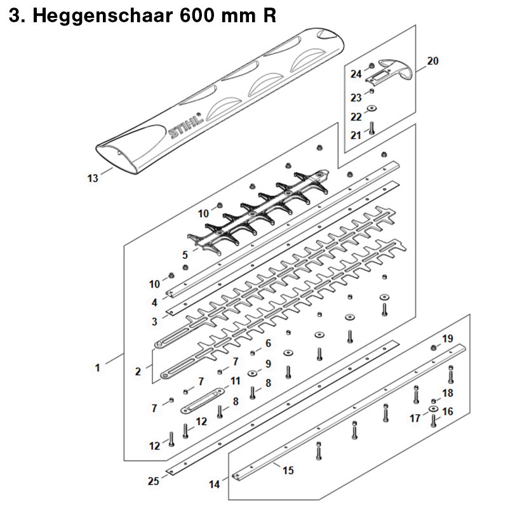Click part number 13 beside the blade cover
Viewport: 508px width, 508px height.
click(x=93, y=178)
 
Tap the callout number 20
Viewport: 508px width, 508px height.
click(x=432, y=61)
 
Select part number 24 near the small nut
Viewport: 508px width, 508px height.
click(x=356, y=74)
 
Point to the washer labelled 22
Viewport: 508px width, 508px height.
click(x=371, y=108)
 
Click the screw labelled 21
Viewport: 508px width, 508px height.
click(x=371, y=128)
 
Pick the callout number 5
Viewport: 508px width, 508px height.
click(x=185, y=255)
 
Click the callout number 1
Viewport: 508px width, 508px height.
click(x=97, y=368)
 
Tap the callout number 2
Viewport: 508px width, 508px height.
click(x=138, y=371)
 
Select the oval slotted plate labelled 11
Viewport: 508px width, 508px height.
click(x=202, y=401)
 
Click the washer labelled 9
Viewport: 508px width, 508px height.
click(x=252, y=373)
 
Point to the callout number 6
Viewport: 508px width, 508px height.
click(x=268, y=343)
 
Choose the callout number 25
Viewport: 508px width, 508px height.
click(x=153, y=481)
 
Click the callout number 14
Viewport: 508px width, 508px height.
click(x=214, y=485)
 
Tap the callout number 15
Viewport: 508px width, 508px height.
click(x=288, y=471)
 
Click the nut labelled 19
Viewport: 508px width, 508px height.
click(x=433, y=348)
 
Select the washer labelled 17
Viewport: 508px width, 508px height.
click(x=433, y=409)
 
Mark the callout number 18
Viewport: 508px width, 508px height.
click(x=448, y=393)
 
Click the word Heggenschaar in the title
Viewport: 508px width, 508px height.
click(x=103, y=15)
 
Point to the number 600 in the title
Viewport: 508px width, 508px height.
click(x=197, y=15)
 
